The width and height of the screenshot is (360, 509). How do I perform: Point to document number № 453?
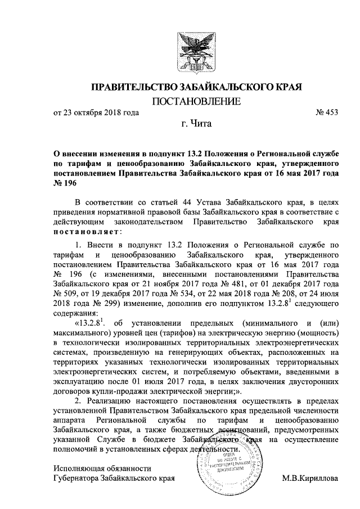(x=328, y=112)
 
